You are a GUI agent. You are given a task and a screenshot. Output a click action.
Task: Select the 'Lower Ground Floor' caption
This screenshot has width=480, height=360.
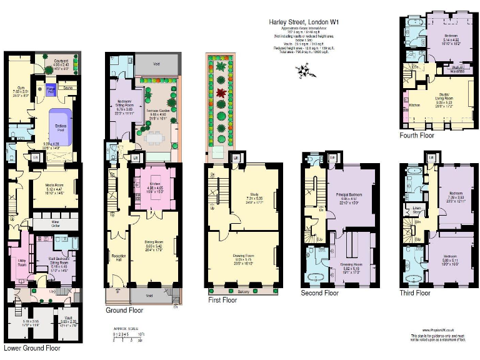32,347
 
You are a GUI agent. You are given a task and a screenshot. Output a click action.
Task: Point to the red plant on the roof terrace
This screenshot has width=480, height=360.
219,95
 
